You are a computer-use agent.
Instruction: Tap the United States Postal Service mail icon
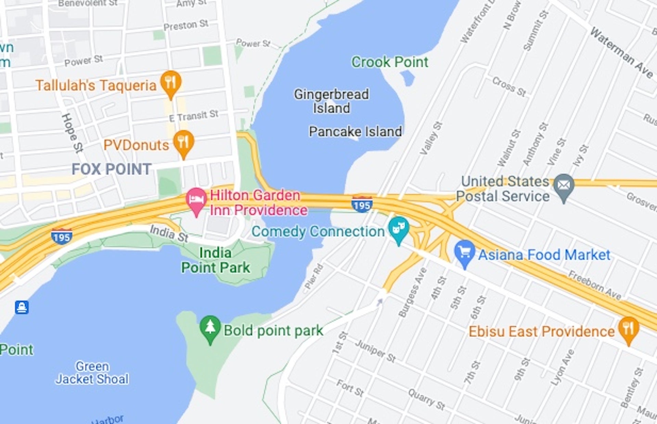coord(564,186)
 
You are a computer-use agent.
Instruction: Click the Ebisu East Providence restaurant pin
coord(629,329)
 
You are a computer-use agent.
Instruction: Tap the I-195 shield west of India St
coord(62,237)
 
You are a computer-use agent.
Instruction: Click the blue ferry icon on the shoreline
coord(22,307)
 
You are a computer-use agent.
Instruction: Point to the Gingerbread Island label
coord(331,101)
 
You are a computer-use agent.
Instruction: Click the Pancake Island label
coord(355,132)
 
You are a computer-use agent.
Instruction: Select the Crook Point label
coord(390,62)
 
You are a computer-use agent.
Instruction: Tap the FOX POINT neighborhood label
coord(112,169)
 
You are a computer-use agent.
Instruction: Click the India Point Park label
coord(216,260)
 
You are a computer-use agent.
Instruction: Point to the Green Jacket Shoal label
coord(92,373)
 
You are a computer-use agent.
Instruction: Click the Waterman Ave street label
coord(621,53)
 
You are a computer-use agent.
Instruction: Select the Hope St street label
coord(72,133)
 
